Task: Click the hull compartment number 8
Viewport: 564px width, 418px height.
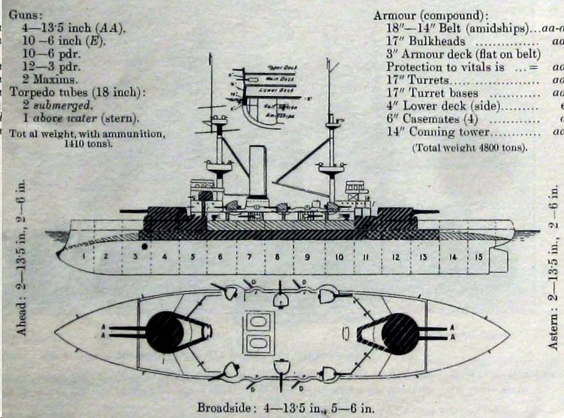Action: [x=276, y=257]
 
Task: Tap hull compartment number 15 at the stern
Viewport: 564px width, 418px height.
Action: [x=478, y=256]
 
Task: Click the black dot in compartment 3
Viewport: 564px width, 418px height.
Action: [x=145, y=246]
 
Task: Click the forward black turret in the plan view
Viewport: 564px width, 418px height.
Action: [x=166, y=332]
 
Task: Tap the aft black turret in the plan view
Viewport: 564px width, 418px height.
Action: [x=400, y=332]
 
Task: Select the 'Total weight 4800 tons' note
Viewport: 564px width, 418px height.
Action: [x=469, y=148]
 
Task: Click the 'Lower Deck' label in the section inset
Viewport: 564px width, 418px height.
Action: [x=262, y=90]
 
